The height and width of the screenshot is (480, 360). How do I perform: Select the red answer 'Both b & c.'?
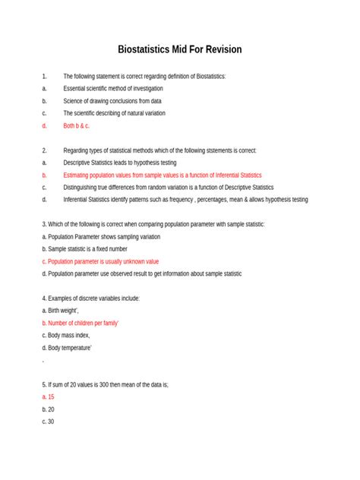[x=77, y=125]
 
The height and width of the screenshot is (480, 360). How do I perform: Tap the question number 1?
[x=45, y=76]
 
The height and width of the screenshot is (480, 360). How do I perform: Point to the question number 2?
[x=45, y=150]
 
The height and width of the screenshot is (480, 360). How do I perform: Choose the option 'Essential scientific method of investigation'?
[x=113, y=88]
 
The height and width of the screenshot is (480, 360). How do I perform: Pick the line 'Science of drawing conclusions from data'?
[x=112, y=100]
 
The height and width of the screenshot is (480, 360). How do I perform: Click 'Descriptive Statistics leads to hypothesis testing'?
[x=120, y=163]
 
